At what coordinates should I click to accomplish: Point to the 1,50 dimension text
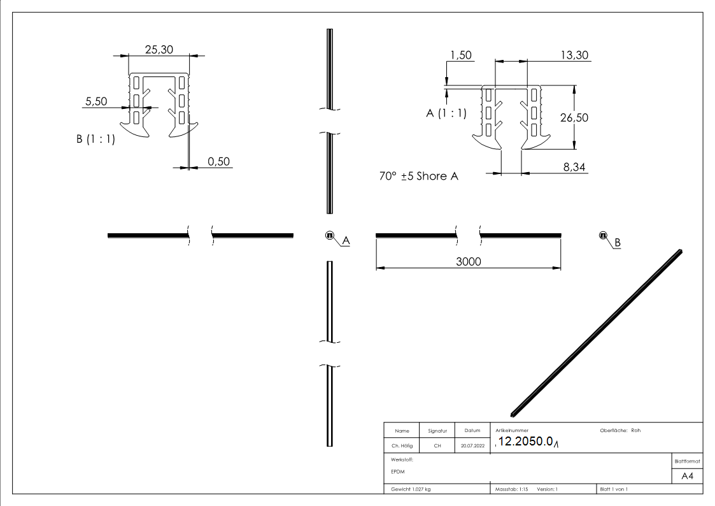point(460,55)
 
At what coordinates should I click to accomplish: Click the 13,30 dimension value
point(574,55)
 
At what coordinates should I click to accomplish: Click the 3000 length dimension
point(468,262)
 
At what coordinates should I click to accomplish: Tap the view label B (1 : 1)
point(96,140)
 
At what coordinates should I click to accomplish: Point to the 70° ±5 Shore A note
point(418,177)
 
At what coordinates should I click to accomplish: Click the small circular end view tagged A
point(330,235)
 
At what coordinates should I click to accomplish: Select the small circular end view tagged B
point(602,235)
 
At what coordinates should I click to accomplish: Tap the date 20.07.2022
point(472,445)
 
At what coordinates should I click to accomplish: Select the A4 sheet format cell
point(686,475)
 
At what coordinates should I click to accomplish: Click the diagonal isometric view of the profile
point(597,330)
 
